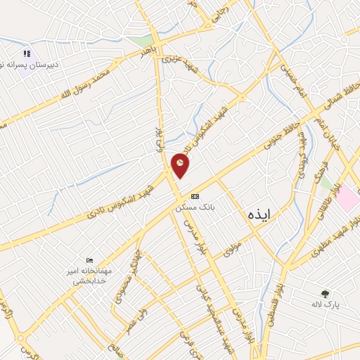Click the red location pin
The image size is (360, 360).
point(180,165)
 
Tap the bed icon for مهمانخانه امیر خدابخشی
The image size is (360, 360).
point(89,260)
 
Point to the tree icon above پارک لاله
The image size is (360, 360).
point(325,294)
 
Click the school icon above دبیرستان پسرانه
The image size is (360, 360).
point(27,53)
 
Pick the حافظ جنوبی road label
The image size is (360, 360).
point(281,134)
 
